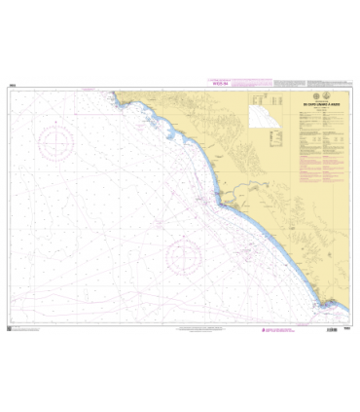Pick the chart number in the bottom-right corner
point(346,329)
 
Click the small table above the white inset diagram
point(257,101)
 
